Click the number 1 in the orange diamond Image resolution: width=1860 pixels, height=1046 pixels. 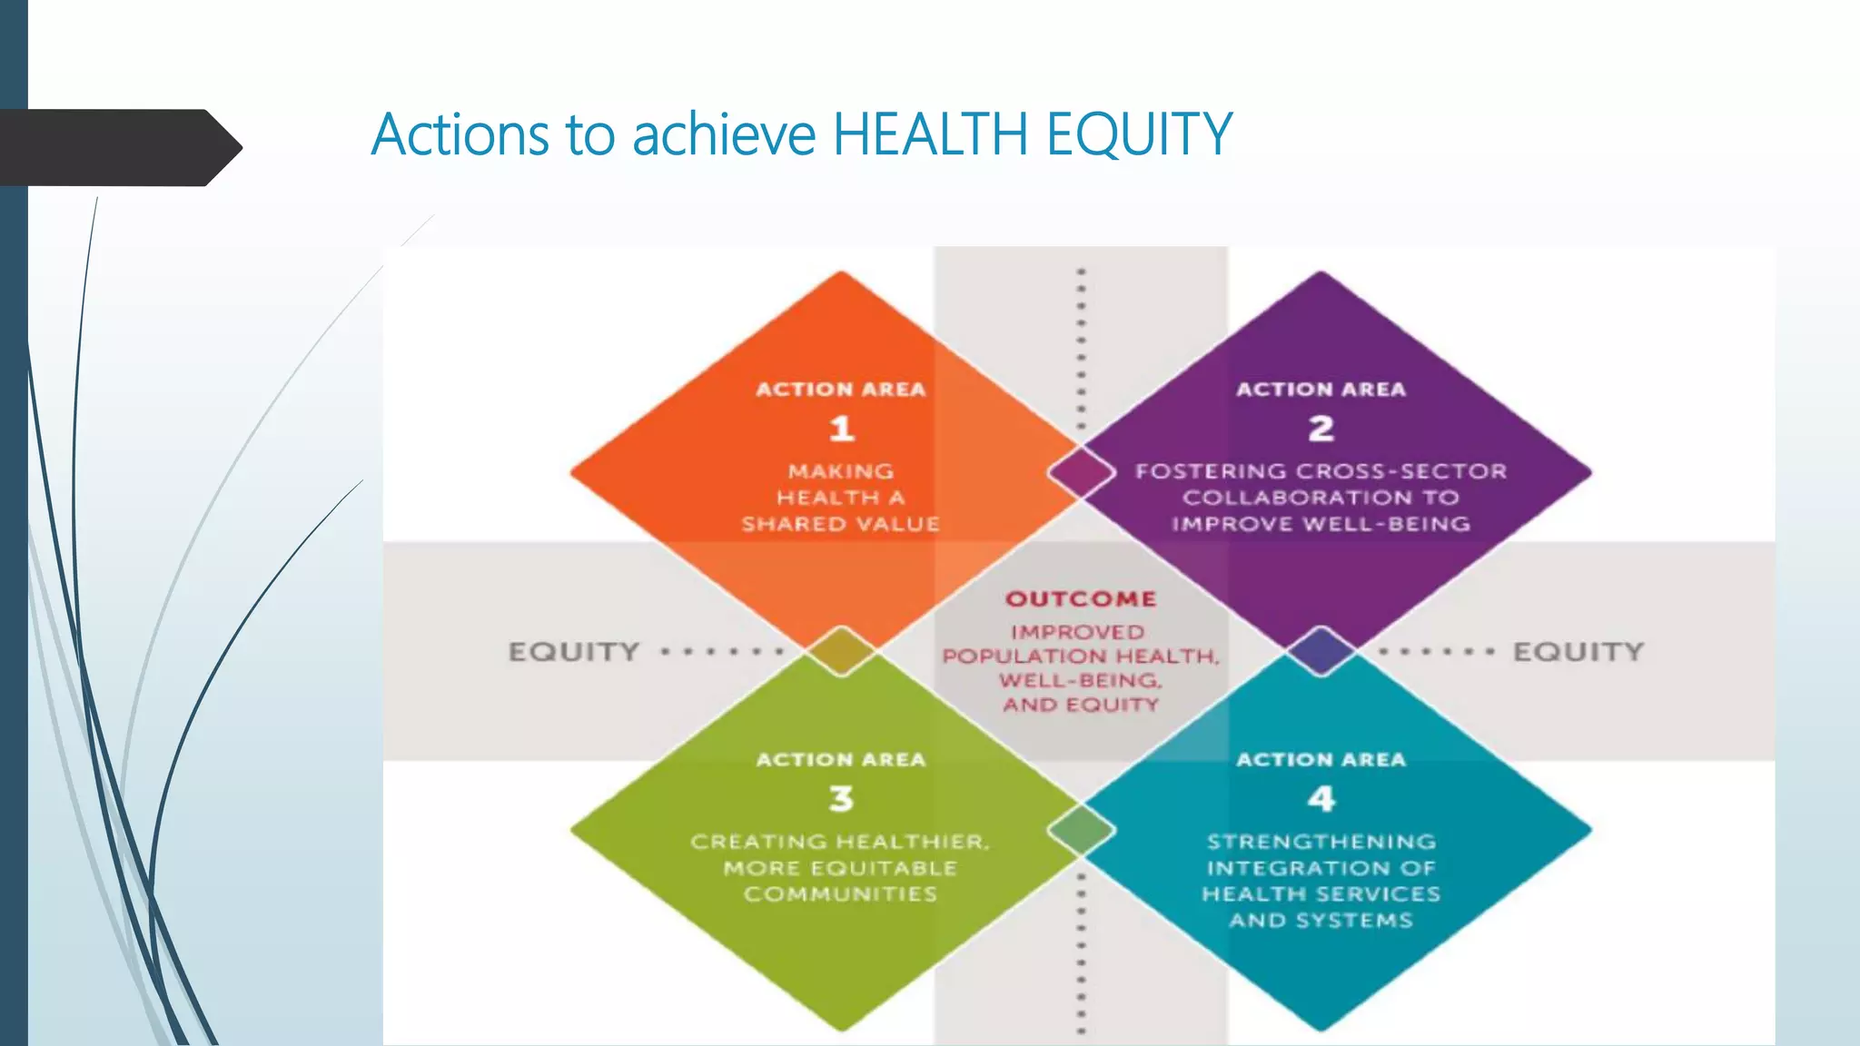[x=841, y=428]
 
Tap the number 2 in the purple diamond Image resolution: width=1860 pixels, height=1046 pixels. [x=1321, y=428]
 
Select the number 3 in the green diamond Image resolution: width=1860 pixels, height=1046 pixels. [x=841, y=798]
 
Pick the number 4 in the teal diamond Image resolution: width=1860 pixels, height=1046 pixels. [x=1321, y=798]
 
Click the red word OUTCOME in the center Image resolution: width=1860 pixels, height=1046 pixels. [x=1081, y=599]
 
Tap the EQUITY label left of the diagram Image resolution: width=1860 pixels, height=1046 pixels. [x=574, y=652]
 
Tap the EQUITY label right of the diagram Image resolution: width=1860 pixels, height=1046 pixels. [x=1578, y=652]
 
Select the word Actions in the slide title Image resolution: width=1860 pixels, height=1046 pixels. [x=461, y=134]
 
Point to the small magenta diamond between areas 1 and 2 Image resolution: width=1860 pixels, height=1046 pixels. [x=1081, y=472]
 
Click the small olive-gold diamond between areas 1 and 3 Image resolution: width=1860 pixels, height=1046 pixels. [x=841, y=651]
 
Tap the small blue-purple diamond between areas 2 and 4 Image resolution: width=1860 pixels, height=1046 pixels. [x=1321, y=651]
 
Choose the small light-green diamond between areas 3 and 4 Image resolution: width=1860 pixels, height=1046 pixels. [x=1081, y=829]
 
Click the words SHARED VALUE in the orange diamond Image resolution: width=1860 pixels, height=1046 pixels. [x=841, y=524]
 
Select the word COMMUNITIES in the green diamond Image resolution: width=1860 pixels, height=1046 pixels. [x=841, y=894]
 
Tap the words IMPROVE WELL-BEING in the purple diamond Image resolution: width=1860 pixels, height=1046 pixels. [x=1321, y=524]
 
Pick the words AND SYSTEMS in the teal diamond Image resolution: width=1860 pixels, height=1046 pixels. [x=1321, y=921]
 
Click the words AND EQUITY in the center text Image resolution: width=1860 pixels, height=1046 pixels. [x=1081, y=706]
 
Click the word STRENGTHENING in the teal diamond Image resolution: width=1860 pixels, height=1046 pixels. [x=1321, y=842]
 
